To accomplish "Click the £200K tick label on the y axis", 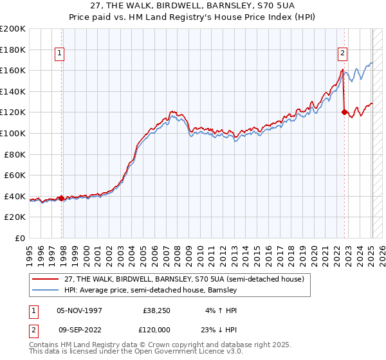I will [13, 28].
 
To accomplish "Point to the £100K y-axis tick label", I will [13, 133].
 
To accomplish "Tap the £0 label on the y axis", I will [20, 238].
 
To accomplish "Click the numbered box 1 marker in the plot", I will [59, 53].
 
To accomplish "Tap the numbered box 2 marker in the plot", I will [342, 53].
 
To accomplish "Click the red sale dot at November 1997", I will [62, 198].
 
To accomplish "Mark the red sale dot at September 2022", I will [344, 112].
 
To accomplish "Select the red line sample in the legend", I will [46, 280].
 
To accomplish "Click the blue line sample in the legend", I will [46, 291].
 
